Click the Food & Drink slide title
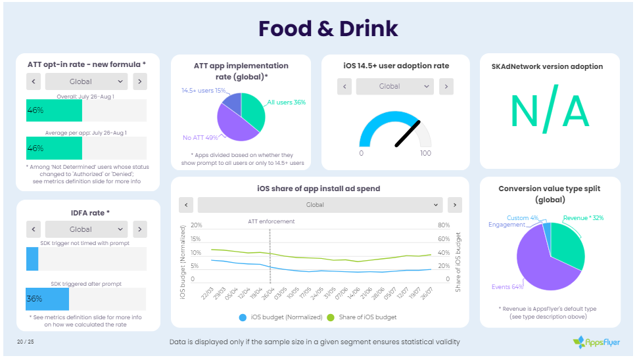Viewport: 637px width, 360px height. click(x=328, y=29)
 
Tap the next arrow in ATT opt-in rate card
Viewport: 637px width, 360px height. click(x=140, y=81)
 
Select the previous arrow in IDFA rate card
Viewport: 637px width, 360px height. click(x=33, y=229)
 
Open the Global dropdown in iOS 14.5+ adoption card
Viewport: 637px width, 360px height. click(x=394, y=86)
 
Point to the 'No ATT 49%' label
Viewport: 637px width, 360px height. click(x=200, y=137)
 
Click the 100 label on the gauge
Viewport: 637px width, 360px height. click(x=425, y=153)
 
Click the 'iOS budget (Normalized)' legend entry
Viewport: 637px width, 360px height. click(x=277, y=317)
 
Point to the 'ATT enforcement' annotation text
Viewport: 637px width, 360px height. click(x=271, y=221)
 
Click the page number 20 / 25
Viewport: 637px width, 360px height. click(x=26, y=342)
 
